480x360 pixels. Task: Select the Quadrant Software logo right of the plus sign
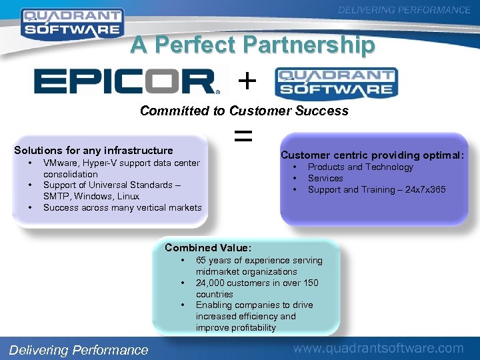[336, 83]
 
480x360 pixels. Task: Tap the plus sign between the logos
[247, 81]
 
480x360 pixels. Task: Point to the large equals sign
[244, 137]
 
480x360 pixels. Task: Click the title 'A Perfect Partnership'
[253, 45]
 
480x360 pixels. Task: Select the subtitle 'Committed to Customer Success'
[244, 111]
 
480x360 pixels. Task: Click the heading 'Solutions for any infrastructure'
[93, 151]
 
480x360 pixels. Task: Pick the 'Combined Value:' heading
[208, 248]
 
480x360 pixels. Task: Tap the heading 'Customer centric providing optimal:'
[372, 155]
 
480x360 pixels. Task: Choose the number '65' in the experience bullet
[201, 260]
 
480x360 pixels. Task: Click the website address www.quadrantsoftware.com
[379, 348]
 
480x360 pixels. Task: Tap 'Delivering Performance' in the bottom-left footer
[79, 349]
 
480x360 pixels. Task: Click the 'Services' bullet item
[325, 178]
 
